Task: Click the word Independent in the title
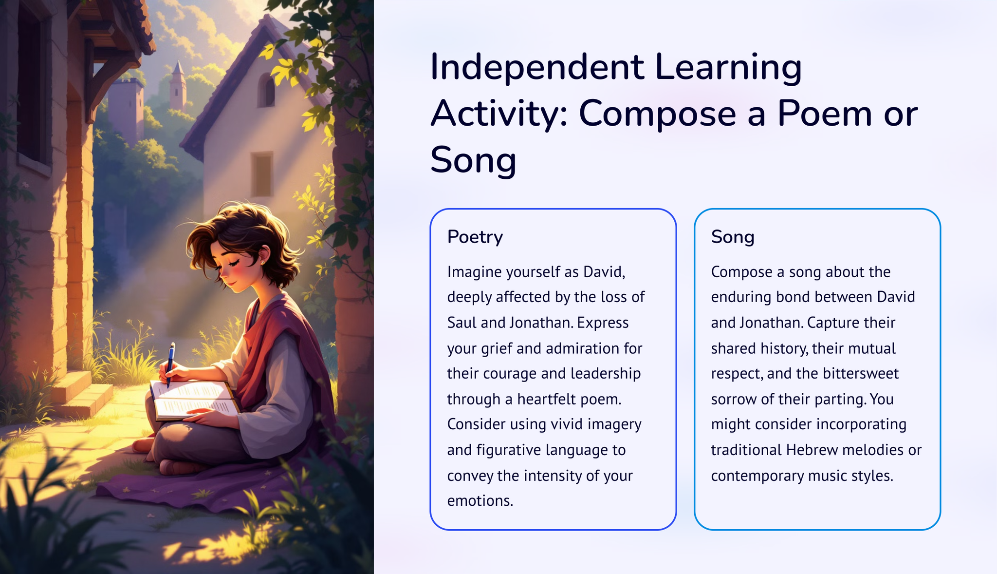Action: point(537,67)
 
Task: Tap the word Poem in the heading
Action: point(824,113)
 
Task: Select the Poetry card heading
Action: point(475,237)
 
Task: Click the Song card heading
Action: point(733,237)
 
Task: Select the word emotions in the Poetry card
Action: point(480,500)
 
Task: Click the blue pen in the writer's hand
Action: point(170,364)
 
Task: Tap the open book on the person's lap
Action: point(194,399)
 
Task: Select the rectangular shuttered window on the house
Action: point(262,174)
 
